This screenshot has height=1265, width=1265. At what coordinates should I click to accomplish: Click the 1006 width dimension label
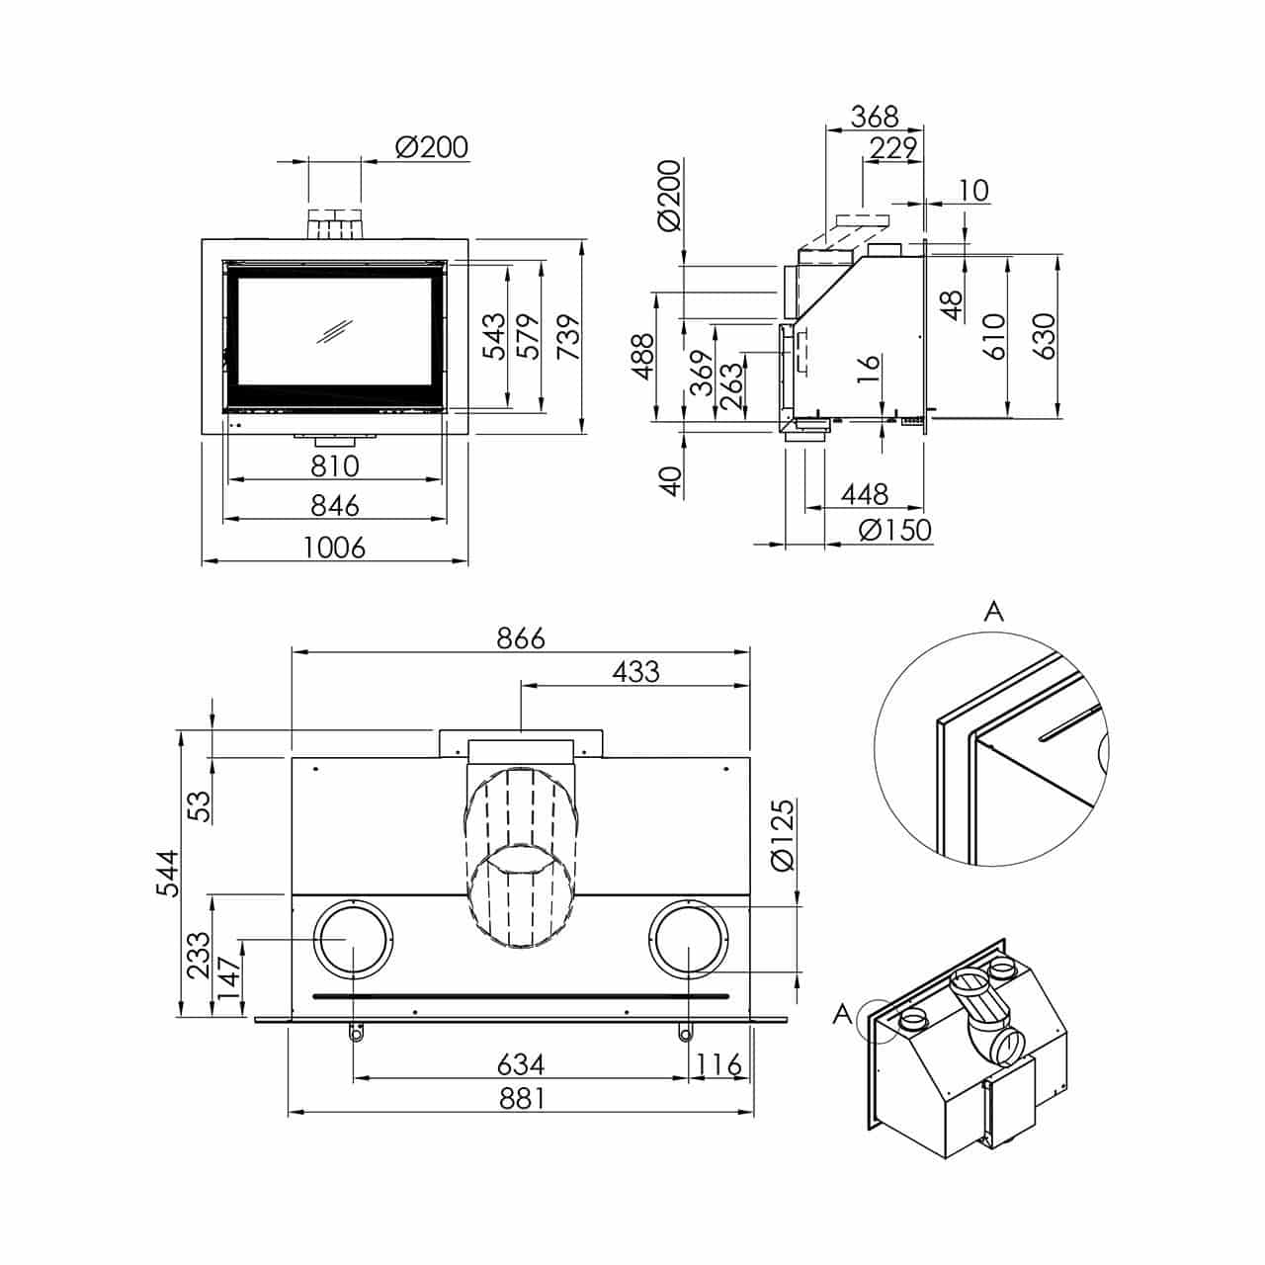coord(334,548)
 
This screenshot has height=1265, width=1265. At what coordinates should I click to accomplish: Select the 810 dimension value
coord(335,466)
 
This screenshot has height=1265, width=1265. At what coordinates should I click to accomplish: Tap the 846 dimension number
coord(335,505)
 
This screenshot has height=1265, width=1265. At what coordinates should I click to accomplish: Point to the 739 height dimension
coord(568,336)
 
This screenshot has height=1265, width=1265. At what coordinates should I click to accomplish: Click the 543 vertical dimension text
coord(495,336)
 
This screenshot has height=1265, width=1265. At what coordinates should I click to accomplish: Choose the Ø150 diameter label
coord(895,530)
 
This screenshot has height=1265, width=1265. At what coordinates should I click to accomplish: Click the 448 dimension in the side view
coord(865,494)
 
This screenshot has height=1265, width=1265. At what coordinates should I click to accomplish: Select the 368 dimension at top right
coord(875,117)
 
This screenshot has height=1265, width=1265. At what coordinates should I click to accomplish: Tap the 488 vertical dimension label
coord(643,357)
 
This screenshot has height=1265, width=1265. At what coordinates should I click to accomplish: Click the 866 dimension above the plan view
coord(521,638)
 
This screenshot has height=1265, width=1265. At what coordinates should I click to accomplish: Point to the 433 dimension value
coord(635,672)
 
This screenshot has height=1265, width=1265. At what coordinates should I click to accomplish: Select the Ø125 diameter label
coord(783,834)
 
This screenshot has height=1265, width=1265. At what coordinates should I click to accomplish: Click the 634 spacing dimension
coord(521,1064)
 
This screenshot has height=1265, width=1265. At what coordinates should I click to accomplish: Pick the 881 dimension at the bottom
coord(521,1098)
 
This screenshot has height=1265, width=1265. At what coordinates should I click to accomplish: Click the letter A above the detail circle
coord(994,612)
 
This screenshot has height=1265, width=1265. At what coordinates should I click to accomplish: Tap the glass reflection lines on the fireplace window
coord(335,330)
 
